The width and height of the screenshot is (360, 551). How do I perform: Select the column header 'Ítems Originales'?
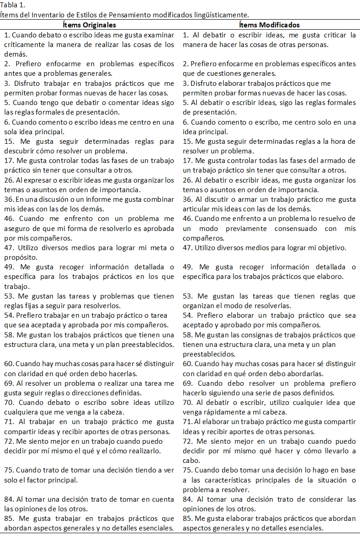(89, 25)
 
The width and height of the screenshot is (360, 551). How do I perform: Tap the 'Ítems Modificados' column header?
(270, 25)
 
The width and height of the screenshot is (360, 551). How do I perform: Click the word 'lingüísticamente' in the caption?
(223, 15)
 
